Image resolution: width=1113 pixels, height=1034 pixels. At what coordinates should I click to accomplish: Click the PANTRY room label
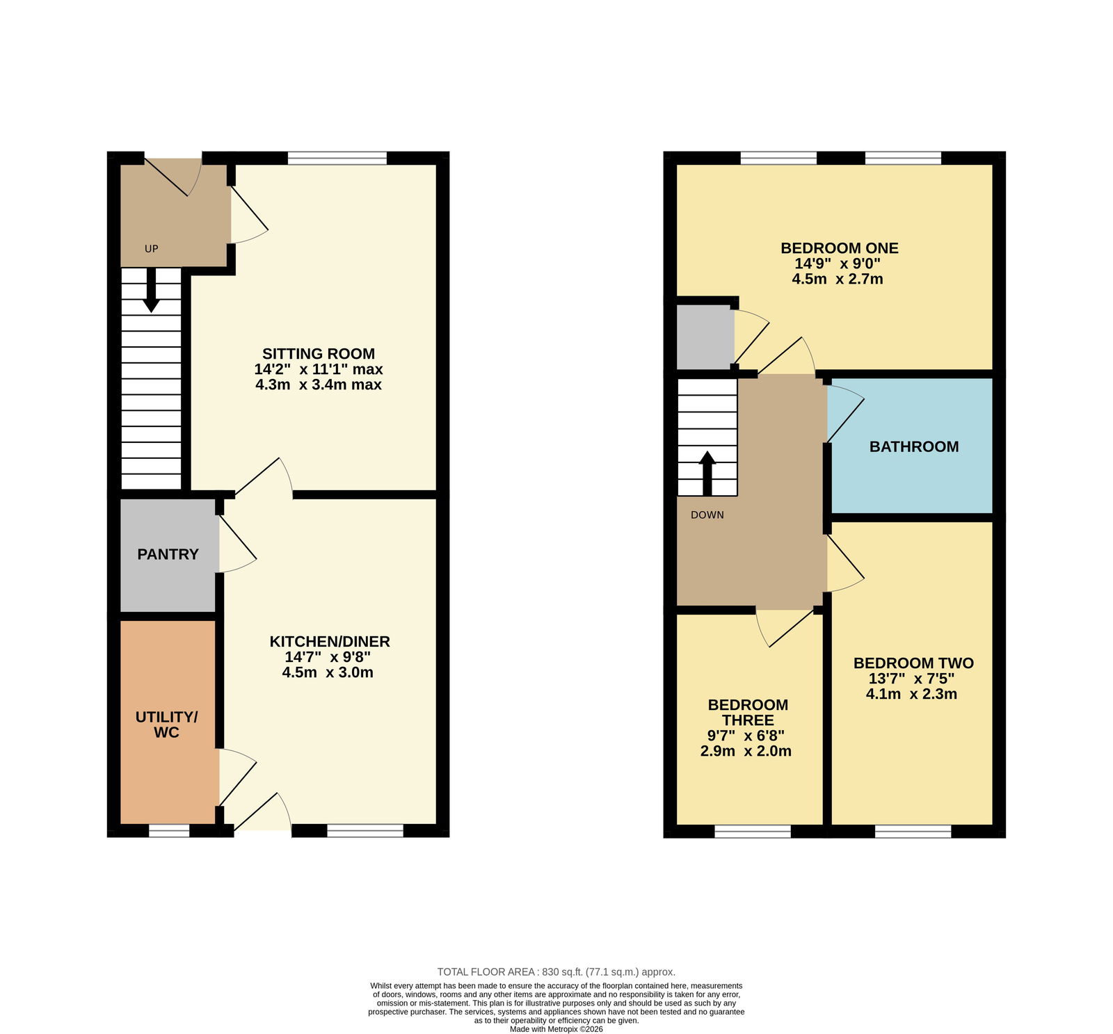point(168,554)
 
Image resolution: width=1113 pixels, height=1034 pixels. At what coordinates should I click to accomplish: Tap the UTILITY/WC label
point(166,725)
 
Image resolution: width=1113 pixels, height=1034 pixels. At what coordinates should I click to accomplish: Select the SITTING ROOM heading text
point(319,354)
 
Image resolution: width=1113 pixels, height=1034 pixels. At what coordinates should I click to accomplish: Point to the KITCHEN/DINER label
point(330,642)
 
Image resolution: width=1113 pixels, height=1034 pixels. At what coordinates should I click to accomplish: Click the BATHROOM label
point(914,447)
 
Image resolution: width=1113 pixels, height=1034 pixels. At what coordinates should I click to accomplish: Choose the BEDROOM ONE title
point(840,248)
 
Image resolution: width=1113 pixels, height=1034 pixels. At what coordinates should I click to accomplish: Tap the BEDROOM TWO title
point(913,663)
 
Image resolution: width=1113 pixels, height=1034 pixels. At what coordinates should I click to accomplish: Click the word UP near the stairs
point(151,249)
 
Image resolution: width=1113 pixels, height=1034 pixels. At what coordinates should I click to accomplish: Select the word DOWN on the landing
point(707,515)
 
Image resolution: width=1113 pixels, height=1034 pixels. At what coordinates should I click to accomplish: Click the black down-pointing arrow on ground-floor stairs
point(151,290)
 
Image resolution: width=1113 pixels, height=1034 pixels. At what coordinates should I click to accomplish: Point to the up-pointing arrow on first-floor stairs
point(707,474)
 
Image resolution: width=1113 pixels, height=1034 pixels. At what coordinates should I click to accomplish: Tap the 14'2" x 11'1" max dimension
point(319,369)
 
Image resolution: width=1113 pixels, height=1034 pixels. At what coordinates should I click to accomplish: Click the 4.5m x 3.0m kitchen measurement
point(328,672)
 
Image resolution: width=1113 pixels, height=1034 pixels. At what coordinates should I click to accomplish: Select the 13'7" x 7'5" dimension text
point(911,679)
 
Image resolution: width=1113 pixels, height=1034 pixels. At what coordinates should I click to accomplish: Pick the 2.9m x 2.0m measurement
point(746,751)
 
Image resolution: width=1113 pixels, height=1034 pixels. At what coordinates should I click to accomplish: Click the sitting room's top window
point(337,159)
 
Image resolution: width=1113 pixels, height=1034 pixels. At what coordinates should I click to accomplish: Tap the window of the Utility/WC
point(169,830)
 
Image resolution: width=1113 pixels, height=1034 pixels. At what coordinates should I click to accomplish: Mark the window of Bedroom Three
point(753,831)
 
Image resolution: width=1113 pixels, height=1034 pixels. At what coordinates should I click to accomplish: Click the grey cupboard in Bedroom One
point(705,337)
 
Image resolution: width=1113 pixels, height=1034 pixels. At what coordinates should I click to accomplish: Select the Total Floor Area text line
point(556,972)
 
